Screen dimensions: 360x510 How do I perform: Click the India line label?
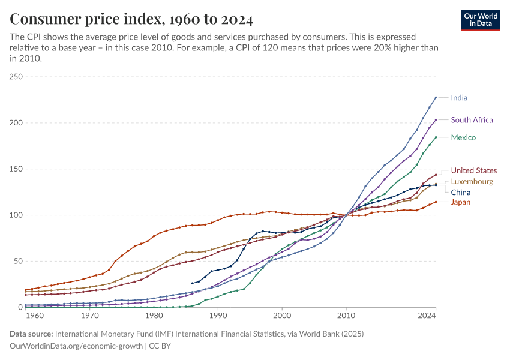[x=459, y=98]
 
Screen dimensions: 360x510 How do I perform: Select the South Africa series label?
[x=472, y=120]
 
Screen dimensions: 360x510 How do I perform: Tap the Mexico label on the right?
[x=463, y=137]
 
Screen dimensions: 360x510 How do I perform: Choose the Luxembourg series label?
[x=472, y=181]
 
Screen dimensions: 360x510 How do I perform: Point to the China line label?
[x=461, y=193]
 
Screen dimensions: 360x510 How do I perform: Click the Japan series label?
[x=461, y=202]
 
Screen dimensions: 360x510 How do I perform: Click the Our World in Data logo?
[x=481, y=20]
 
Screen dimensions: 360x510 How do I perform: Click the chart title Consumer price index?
[x=131, y=19]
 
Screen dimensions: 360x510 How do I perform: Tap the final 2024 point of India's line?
[x=436, y=97]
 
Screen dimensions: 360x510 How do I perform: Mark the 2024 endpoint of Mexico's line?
[x=436, y=137]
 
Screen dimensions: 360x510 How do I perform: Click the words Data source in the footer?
[x=31, y=334]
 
